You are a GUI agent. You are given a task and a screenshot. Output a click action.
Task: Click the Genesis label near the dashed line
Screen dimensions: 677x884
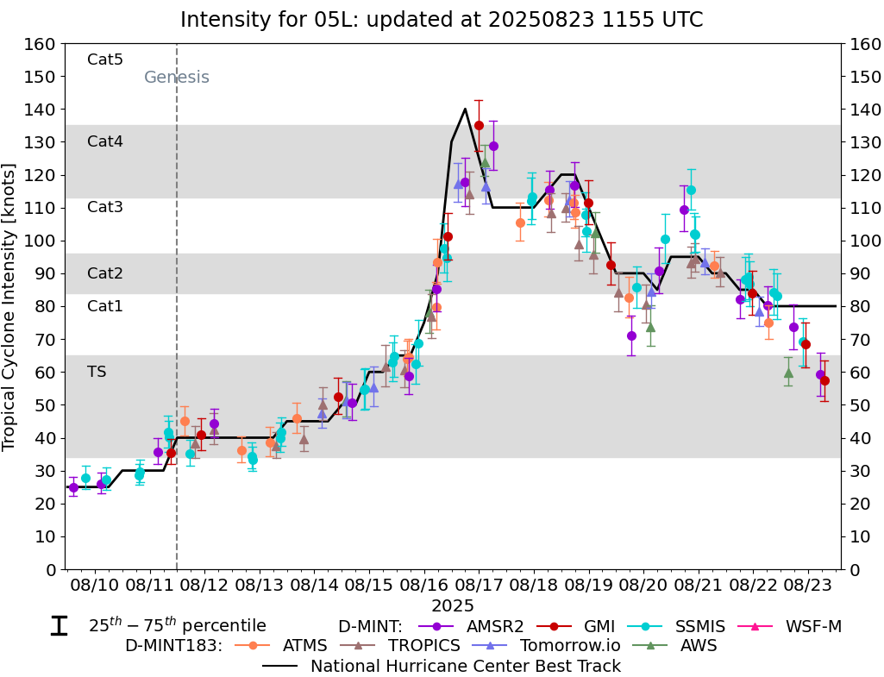click(x=176, y=78)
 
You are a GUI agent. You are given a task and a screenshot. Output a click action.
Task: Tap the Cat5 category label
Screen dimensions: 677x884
click(x=105, y=60)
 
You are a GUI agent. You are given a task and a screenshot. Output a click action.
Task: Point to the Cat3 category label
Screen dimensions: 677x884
click(x=105, y=207)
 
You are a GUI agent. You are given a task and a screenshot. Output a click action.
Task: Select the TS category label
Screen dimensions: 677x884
click(x=97, y=372)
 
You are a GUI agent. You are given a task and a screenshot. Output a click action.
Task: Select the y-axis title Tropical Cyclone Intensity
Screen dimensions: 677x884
click(x=9, y=306)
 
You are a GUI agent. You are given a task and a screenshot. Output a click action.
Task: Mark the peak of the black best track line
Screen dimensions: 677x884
click(x=466, y=109)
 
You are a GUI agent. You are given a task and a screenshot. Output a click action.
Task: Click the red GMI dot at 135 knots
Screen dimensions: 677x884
click(x=479, y=125)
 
